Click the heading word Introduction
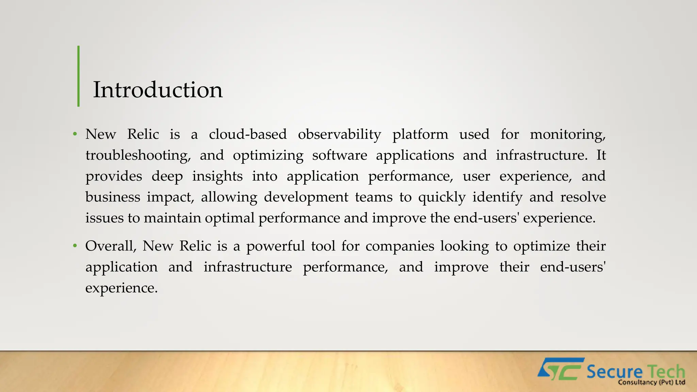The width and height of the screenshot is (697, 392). pyautogui.click(x=158, y=90)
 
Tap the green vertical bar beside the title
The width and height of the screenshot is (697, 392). pyautogui.click(x=79, y=76)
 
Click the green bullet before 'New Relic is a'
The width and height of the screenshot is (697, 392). pyautogui.click(x=75, y=134)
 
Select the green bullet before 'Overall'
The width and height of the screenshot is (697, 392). pyautogui.click(x=75, y=246)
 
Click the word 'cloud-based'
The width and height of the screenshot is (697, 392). pyautogui.click(x=248, y=134)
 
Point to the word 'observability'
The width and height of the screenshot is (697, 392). pyautogui.click(x=339, y=135)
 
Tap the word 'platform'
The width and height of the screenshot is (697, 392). pyautogui.click(x=420, y=135)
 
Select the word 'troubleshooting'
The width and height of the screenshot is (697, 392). pyautogui.click(x=137, y=156)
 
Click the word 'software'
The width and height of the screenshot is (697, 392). pyautogui.click(x=340, y=156)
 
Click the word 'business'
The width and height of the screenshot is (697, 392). pyautogui.click(x=113, y=197)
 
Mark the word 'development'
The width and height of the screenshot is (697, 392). pyautogui.click(x=306, y=197)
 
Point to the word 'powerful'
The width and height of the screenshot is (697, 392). pyautogui.click(x=275, y=246)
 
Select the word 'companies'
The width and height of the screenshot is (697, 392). pyautogui.click(x=400, y=246)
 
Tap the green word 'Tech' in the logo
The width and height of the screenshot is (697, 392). pyautogui.click(x=666, y=371)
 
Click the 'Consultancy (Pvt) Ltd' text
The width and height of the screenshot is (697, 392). pyautogui.click(x=651, y=382)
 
